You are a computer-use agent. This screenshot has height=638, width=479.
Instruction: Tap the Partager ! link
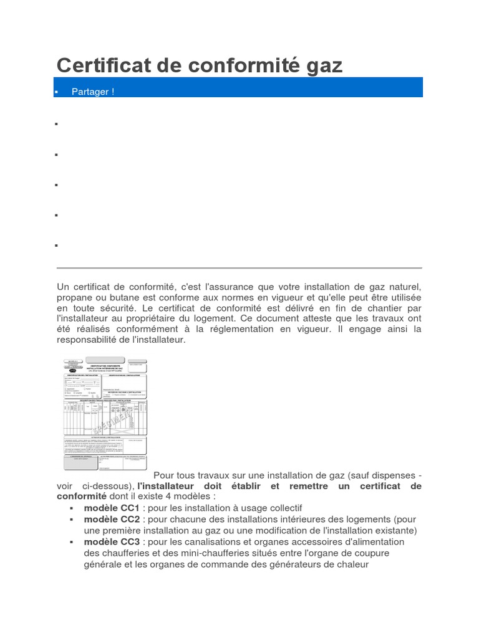pos(93,92)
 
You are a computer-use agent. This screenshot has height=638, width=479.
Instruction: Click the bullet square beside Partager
pos(57,92)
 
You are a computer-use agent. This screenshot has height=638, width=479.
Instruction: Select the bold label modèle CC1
pos(112,508)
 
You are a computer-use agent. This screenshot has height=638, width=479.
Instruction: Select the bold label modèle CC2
pos(112,519)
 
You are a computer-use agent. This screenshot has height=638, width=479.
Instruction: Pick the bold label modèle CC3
pos(112,541)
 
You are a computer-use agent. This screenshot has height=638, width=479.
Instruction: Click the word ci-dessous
pos(107,485)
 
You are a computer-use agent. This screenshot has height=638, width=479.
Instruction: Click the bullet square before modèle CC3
pos(72,542)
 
